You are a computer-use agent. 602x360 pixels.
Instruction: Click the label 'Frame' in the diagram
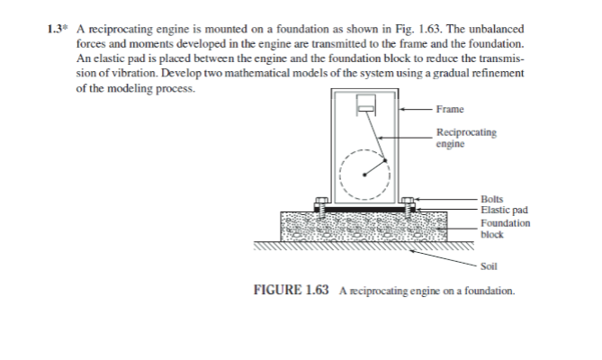click(x=449, y=109)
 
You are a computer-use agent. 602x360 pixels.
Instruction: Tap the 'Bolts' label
click(x=492, y=198)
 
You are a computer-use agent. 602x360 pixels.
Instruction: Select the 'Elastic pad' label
click(x=503, y=210)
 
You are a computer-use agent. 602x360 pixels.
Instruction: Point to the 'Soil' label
click(x=490, y=266)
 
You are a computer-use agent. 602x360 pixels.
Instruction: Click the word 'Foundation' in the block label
click(x=506, y=222)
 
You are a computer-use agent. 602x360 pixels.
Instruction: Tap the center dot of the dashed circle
click(x=365, y=174)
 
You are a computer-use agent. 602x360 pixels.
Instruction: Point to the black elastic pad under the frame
click(x=364, y=210)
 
